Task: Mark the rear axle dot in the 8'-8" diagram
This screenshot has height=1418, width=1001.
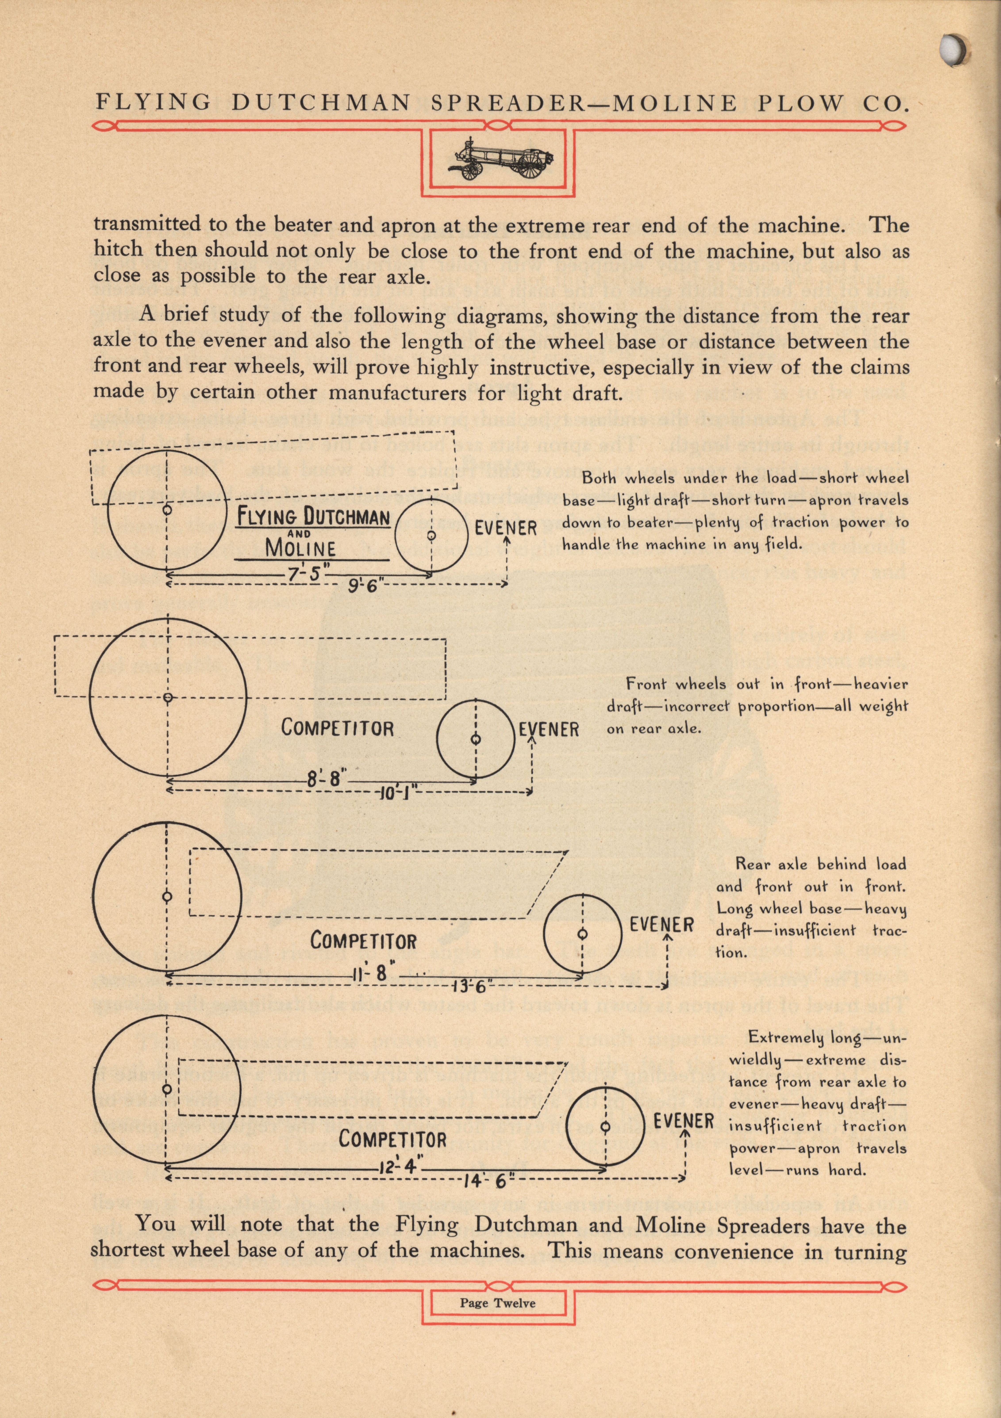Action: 167,697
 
